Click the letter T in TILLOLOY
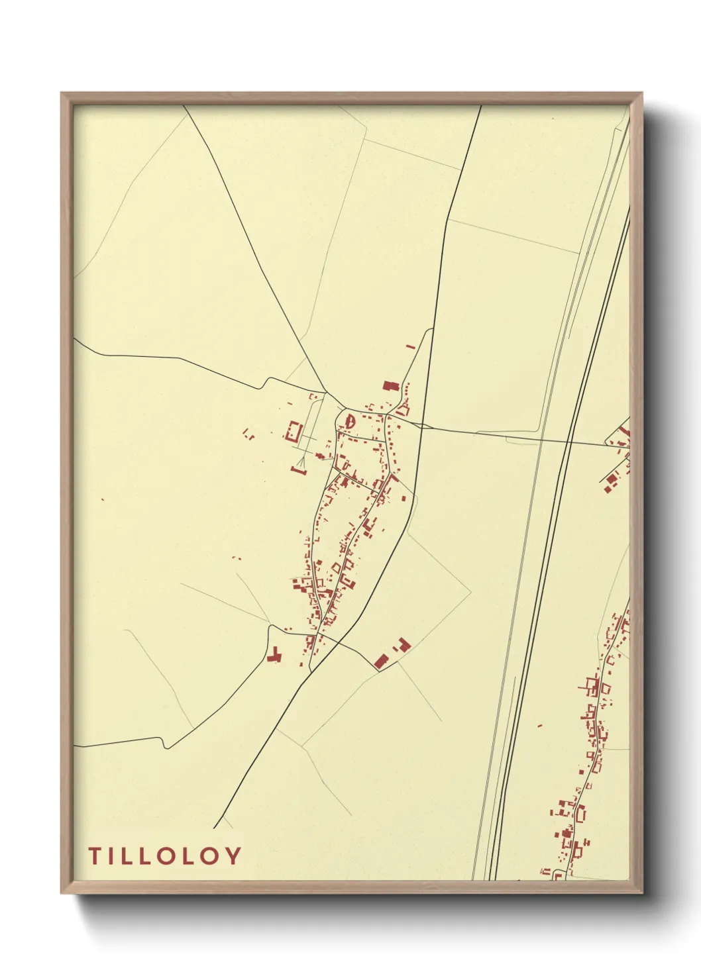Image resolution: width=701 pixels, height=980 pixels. pyautogui.click(x=94, y=856)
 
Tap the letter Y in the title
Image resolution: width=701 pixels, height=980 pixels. pyautogui.click(x=232, y=856)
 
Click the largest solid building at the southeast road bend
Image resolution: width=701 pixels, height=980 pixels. pyautogui.click(x=380, y=661)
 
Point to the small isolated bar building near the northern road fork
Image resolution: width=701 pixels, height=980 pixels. pyautogui.click(x=410, y=346)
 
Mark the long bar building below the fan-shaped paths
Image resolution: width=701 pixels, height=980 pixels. pyautogui.click(x=298, y=471)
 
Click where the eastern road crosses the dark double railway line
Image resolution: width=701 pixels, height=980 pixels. pyautogui.click(x=570, y=442)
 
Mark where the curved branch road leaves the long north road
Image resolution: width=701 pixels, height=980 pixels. pyautogui.click(x=433, y=329)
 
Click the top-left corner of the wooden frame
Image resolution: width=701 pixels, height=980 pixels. pyautogui.click(x=62, y=93)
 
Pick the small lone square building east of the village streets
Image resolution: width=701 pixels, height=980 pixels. pyautogui.click(x=404, y=498)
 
